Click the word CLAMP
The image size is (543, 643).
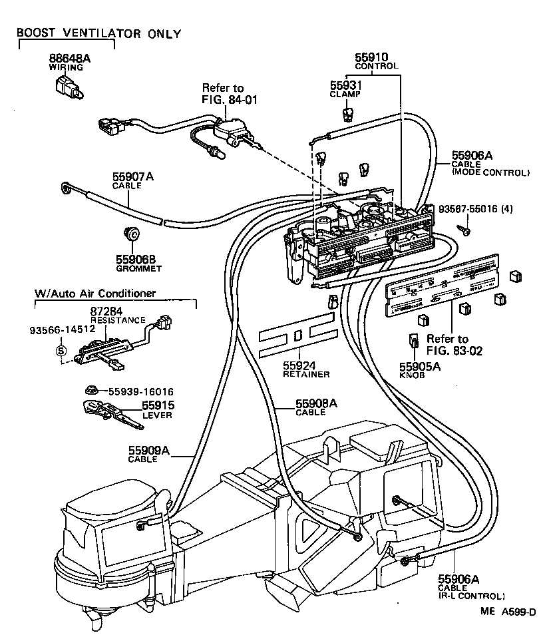pos(345,95)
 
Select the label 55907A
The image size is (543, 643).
pos(132,176)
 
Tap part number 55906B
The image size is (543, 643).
pos(132,260)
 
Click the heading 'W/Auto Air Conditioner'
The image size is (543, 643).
pos(95,293)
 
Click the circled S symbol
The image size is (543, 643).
pos(61,351)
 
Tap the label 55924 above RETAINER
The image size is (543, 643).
pos(299,365)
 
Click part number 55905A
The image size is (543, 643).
pos(417,365)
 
